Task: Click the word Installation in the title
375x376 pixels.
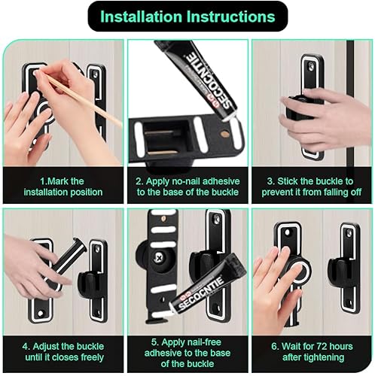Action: point(141,17)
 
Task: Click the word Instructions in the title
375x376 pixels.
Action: point(230,17)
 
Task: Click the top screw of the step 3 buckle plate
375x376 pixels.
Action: point(312,67)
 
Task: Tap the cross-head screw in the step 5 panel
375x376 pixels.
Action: point(159,257)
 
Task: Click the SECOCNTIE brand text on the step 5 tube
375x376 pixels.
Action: point(201,293)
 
